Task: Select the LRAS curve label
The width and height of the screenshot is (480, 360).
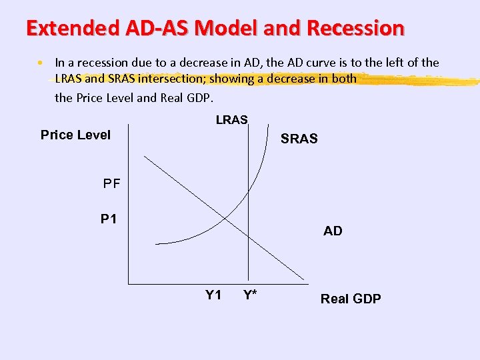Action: click(231, 120)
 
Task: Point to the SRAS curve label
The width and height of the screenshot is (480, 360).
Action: click(299, 139)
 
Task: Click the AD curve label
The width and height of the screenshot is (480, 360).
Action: click(333, 231)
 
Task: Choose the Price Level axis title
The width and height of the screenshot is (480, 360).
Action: click(75, 135)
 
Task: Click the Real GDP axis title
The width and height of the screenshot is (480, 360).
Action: click(351, 299)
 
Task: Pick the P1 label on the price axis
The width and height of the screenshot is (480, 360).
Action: click(109, 219)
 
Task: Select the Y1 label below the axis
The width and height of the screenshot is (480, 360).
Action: click(213, 295)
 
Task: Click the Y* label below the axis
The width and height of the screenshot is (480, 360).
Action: click(251, 295)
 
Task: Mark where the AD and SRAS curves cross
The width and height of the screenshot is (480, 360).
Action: click(225, 217)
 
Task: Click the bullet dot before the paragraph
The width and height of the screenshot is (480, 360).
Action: click(41, 63)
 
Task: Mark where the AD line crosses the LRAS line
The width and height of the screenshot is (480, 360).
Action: click(249, 235)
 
